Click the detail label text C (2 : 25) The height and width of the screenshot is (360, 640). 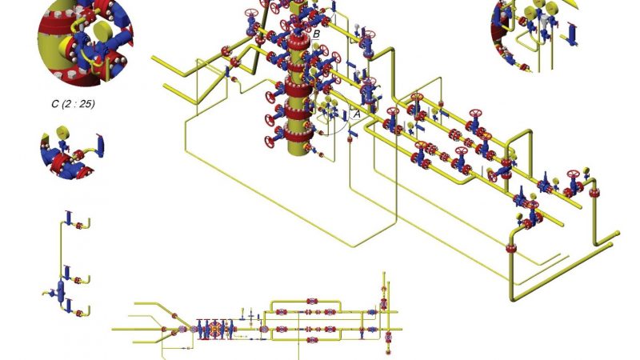[73, 103]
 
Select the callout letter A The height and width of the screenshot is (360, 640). [357, 114]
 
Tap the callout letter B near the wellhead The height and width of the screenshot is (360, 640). [317, 34]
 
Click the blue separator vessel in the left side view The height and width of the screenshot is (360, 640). [61, 290]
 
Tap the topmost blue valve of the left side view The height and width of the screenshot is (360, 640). [68, 217]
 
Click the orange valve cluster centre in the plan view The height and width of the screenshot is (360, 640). [216, 329]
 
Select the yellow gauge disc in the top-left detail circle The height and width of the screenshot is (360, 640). [102, 32]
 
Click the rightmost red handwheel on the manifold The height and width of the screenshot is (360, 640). [573, 174]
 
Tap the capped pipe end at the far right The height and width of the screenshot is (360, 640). [616, 234]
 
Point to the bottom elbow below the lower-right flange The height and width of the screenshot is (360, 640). [516, 294]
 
